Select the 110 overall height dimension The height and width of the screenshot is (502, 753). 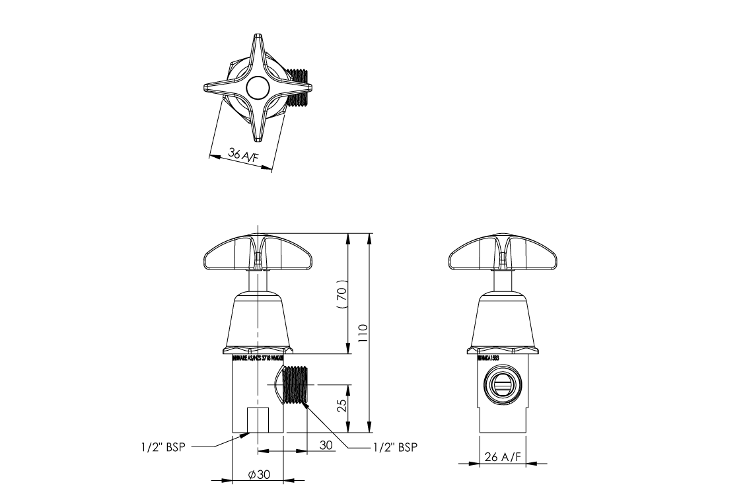pyautogui.click(x=363, y=333)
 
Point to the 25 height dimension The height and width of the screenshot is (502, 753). pyautogui.click(x=341, y=405)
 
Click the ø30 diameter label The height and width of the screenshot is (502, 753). pyautogui.click(x=258, y=475)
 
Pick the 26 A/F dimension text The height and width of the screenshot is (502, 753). pyautogui.click(x=504, y=456)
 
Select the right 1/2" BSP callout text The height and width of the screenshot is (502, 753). pyautogui.click(x=394, y=447)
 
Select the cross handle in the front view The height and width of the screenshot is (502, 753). pyautogui.click(x=257, y=254)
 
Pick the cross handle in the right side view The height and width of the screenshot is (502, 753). pyautogui.click(x=505, y=254)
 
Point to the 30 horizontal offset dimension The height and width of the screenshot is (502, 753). pyautogui.click(x=326, y=445)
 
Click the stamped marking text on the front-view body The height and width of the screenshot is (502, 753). pyautogui.click(x=258, y=357)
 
